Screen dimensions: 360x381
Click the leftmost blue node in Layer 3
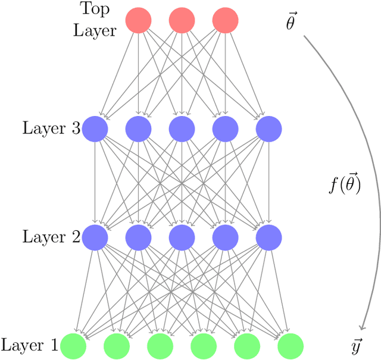click(x=95, y=129)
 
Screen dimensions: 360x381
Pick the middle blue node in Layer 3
click(x=182, y=129)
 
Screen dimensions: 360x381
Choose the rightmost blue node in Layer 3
click(x=268, y=129)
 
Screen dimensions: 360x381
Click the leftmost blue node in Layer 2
click(x=95, y=237)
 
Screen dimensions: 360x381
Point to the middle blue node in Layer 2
click(x=182, y=237)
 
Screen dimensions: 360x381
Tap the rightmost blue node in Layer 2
click(x=268, y=237)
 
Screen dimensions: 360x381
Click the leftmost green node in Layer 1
click(x=74, y=345)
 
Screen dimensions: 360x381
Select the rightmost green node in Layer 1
click(x=291, y=345)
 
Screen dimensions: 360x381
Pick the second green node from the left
click(x=117, y=345)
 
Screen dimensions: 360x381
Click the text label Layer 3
click(x=51, y=128)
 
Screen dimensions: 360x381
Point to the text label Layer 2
click(x=51, y=236)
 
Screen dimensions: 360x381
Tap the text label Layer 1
click(x=30, y=345)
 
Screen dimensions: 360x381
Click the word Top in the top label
click(x=95, y=9)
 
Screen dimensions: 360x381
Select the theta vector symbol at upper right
click(x=292, y=23)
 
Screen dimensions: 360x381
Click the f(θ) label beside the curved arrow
click(x=345, y=184)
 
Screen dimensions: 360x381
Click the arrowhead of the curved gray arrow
click(x=360, y=327)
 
